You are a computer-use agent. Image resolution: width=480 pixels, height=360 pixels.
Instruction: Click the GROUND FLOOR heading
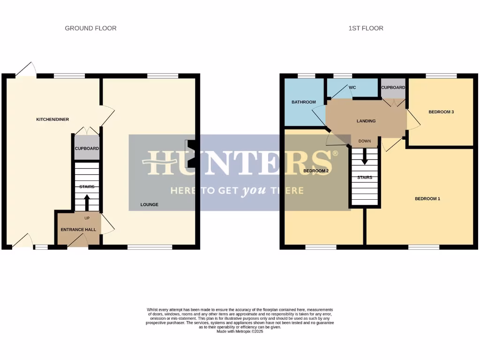point(90,28)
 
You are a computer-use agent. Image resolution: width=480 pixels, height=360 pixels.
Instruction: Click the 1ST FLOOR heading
point(366,28)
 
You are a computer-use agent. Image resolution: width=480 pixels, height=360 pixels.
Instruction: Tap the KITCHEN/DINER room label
point(52,120)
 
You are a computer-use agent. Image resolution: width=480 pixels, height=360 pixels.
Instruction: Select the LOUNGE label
point(150,205)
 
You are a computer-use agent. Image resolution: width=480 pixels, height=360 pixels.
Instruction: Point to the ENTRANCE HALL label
point(78,230)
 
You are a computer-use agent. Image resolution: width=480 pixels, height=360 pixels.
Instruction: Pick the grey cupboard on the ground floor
point(87,148)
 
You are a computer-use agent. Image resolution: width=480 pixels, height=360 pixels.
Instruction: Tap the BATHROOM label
point(304,102)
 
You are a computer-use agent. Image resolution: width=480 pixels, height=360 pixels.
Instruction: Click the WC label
point(352,87)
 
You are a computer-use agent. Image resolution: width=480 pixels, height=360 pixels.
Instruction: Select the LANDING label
point(366,121)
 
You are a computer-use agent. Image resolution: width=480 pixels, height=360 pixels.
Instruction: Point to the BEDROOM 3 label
point(441,112)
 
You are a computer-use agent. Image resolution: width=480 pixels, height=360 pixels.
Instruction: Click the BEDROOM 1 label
point(427,199)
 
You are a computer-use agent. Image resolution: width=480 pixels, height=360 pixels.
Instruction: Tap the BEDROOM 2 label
point(316,171)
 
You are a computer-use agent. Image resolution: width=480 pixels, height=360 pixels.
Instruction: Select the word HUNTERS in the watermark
point(239,163)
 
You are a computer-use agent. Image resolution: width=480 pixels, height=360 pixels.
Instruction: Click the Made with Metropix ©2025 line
point(240,332)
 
